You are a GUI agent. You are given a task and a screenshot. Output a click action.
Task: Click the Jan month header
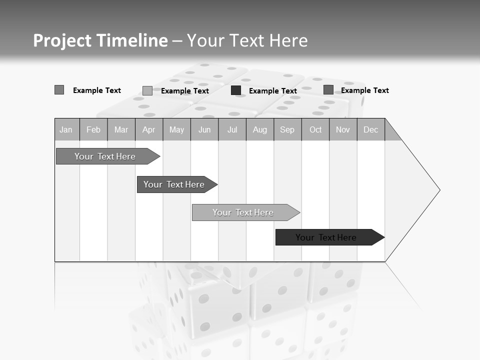(66, 130)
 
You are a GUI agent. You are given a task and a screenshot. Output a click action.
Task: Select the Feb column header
(93, 130)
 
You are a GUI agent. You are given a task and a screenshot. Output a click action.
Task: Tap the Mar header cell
(121, 130)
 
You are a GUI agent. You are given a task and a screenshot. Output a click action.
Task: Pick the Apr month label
(148, 130)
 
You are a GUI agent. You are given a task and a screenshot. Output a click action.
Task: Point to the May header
(176, 130)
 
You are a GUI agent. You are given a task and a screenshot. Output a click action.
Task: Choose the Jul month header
(232, 130)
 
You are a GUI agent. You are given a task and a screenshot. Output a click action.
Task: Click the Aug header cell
(259, 130)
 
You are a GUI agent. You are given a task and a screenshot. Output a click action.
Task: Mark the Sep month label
(287, 130)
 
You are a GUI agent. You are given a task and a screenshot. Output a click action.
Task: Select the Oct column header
(315, 130)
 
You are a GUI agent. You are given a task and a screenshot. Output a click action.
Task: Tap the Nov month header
(343, 130)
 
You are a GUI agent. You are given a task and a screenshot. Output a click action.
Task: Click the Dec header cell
(370, 130)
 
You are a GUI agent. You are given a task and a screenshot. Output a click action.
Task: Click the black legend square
(236, 90)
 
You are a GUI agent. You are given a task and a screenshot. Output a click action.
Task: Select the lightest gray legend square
(147, 90)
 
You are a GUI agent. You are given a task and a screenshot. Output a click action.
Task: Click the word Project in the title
(62, 40)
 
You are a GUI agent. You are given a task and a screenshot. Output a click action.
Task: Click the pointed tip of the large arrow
(438, 190)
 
